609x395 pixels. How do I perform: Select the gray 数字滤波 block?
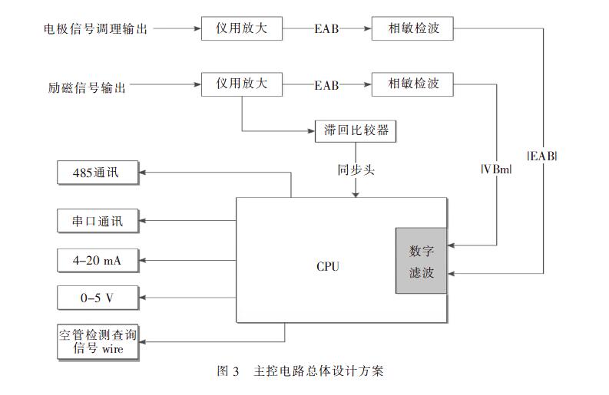click(421, 261)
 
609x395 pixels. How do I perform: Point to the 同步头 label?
click(356, 169)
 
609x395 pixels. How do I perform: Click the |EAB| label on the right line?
click(542, 156)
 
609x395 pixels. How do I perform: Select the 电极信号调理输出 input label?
click(96, 29)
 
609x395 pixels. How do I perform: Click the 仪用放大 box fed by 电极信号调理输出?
click(242, 29)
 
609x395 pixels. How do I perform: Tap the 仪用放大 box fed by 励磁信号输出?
click(242, 84)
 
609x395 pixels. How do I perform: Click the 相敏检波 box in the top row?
click(411, 29)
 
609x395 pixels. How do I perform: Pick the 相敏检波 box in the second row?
click(411, 84)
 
